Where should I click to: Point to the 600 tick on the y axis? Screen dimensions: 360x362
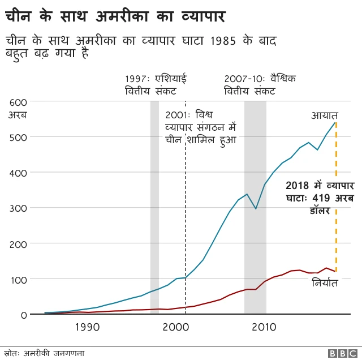click(x=18, y=102)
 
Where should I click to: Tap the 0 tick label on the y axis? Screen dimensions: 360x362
click(x=24, y=315)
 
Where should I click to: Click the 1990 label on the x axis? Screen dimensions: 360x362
click(x=87, y=327)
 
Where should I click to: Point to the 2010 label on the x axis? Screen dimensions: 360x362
click(x=264, y=327)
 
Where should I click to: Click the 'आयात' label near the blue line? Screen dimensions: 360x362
click(x=324, y=115)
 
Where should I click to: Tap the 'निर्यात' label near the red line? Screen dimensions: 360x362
click(x=325, y=282)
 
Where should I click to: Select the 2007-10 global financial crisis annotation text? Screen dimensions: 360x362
click(x=260, y=84)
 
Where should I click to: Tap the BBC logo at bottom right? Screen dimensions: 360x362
click(x=339, y=353)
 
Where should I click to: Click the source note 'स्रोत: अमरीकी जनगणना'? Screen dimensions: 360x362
click(x=45, y=353)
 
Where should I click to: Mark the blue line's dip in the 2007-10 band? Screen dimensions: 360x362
click(x=256, y=209)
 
